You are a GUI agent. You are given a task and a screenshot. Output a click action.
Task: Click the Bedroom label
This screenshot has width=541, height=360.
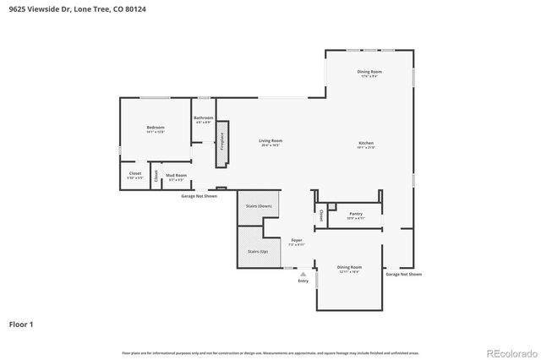pos(155,127)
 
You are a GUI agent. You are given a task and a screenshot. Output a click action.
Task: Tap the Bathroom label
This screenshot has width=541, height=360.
pos(203,118)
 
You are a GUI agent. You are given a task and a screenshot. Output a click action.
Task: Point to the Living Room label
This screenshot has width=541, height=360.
pos(270,141)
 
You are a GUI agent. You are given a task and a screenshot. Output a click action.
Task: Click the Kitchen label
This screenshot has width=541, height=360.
pos(365,143)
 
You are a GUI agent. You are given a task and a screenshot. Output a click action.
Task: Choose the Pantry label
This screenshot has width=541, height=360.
pos(356,214)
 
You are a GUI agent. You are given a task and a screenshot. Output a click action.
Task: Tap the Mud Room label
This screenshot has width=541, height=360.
pos(176,176)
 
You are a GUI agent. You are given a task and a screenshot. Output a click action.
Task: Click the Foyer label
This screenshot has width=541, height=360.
pos(297,241)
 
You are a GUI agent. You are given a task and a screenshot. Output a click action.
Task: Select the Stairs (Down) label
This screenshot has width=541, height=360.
pos(259,205)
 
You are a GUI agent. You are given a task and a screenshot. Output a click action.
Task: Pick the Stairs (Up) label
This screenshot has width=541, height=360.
pos(258,252)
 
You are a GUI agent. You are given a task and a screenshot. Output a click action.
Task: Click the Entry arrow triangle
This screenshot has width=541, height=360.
pos(303,273)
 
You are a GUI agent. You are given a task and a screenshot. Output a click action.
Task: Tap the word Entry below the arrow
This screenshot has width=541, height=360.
pos(303,281)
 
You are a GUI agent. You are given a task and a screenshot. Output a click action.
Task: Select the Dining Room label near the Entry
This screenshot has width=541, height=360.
pos(350,268)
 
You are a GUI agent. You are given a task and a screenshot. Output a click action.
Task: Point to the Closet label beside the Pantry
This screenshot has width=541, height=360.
pos(321,216)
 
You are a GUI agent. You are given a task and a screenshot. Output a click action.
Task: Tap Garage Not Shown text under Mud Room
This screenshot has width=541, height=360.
pos(199,195)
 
